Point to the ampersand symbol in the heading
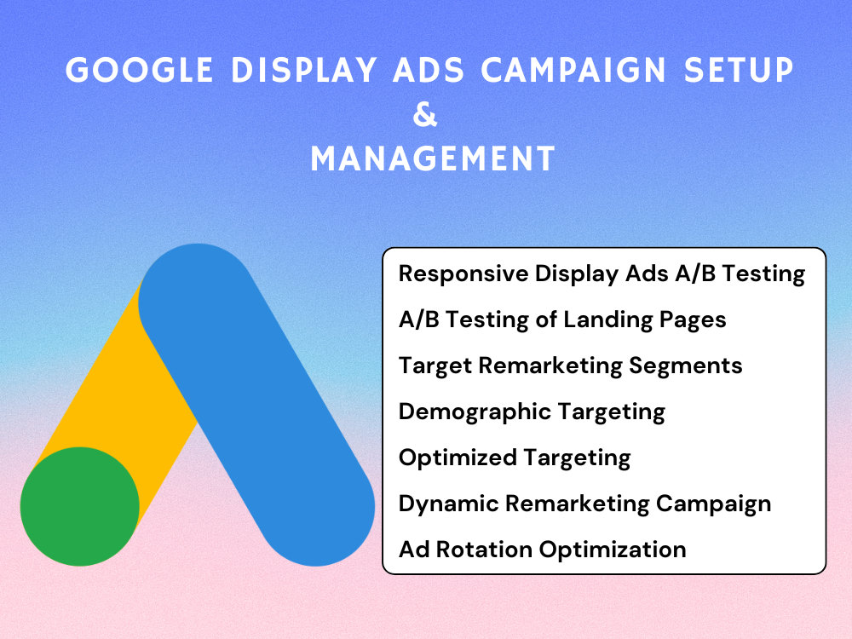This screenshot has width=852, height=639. coord(425,115)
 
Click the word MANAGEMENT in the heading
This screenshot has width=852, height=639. coord(433,158)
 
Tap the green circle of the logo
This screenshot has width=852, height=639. coord(80,506)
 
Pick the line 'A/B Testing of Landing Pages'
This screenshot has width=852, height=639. coord(562,320)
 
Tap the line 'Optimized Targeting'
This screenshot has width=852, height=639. coord(515,458)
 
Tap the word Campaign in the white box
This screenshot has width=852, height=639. coord(713,504)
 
